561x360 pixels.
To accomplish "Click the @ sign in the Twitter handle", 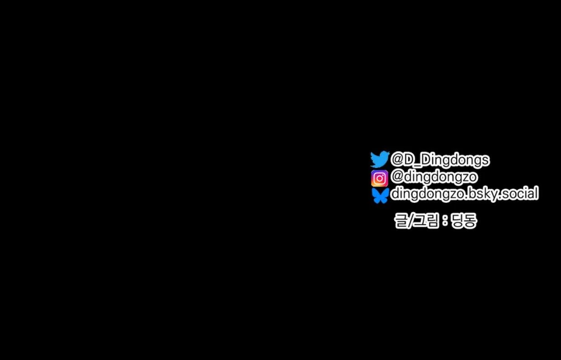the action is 396,159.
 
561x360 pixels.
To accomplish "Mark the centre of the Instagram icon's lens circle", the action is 379,178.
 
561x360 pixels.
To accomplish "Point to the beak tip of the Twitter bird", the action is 390,153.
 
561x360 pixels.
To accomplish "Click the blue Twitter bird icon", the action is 380,159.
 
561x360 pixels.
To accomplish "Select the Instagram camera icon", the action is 379,178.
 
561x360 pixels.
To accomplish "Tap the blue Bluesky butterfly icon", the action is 380,196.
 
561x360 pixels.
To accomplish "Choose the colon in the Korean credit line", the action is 445,221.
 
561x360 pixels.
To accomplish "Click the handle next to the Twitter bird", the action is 440,159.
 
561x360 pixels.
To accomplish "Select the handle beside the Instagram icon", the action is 434,178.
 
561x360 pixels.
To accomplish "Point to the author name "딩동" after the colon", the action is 464,221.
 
